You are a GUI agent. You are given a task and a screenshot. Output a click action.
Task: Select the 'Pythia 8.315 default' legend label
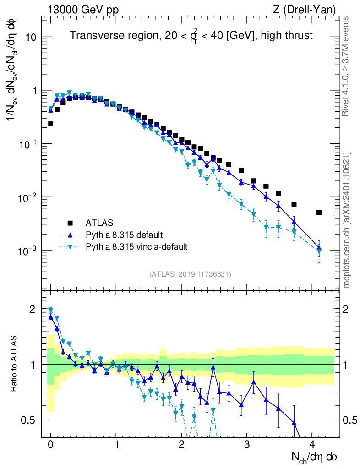point(124,235)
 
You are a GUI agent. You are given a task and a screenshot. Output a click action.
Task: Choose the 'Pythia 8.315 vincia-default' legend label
point(136,247)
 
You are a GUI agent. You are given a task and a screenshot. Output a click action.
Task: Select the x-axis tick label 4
point(312,444)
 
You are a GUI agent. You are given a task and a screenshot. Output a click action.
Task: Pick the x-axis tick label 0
point(50,444)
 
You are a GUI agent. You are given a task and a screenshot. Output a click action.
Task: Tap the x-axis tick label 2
point(181,444)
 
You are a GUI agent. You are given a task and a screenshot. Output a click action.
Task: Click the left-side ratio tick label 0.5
point(28,420)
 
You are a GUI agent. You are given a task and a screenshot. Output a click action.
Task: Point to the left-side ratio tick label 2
point(32,309)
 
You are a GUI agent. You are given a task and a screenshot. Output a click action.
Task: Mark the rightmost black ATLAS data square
point(319,213)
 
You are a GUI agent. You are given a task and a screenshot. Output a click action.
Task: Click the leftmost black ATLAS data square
point(50,124)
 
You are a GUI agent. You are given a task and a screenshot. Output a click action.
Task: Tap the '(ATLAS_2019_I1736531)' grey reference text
point(190,274)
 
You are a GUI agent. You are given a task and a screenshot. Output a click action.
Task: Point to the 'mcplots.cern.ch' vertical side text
point(346,220)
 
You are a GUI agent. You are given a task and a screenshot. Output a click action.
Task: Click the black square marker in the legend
point(70,223)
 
